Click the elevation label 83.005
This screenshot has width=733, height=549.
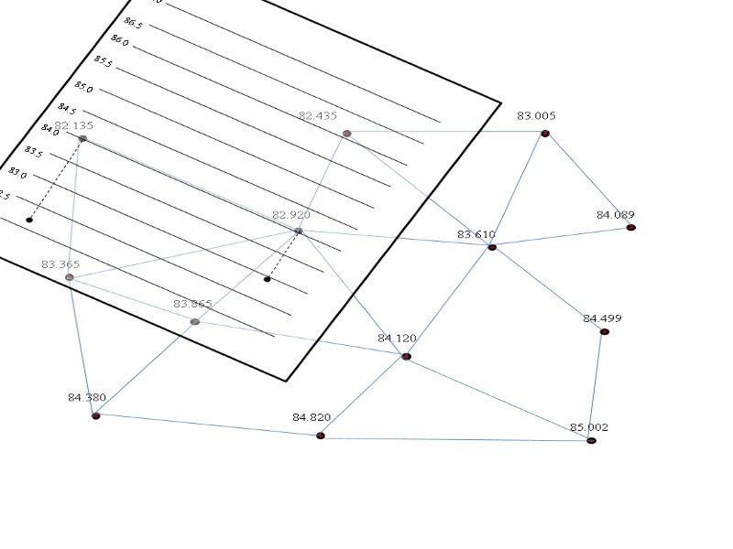536,116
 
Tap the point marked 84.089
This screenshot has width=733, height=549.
631,227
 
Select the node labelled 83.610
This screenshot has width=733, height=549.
492,247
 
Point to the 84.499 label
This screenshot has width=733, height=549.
602,318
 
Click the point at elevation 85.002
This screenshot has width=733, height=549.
592,441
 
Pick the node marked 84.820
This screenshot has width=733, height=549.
321,436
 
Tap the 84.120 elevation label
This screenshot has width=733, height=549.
397,339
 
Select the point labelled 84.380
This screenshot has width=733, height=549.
95,415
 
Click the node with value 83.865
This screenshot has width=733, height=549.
194,322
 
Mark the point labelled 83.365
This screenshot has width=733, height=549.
70,277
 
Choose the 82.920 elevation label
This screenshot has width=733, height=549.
291,215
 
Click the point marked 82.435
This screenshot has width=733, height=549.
347,134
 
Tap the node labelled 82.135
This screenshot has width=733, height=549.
82,138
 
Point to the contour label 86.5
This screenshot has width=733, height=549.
133,22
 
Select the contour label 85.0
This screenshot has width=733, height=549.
83,88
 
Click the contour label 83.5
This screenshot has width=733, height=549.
33,151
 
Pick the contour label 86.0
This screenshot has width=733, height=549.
119,40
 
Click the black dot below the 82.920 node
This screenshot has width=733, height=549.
268,279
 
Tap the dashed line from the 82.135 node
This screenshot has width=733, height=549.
56,179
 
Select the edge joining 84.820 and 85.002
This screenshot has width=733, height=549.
456,438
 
